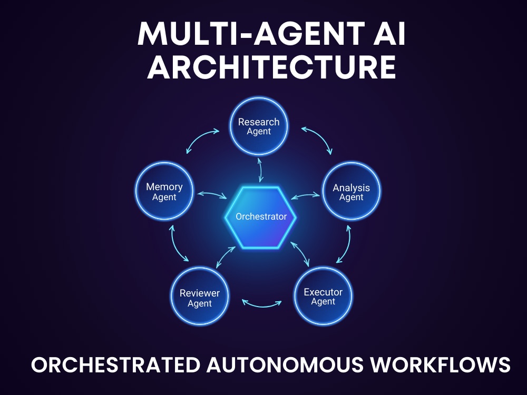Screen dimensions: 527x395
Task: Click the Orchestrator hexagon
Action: click(x=260, y=217)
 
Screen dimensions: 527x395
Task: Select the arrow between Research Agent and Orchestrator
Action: click(x=260, y=170)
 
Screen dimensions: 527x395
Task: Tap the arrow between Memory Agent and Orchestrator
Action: click(x=212, y=195)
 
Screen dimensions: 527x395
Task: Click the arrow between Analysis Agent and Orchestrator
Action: click(x=306, y=195)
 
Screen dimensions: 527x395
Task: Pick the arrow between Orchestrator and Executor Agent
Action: click(x=300, y=254)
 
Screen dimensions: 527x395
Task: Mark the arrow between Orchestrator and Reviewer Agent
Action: click(x=226, y=258)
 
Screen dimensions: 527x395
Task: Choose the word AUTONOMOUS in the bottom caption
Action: click(x=285, y=364)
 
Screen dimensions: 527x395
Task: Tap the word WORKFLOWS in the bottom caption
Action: click(x=440, y=364)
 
